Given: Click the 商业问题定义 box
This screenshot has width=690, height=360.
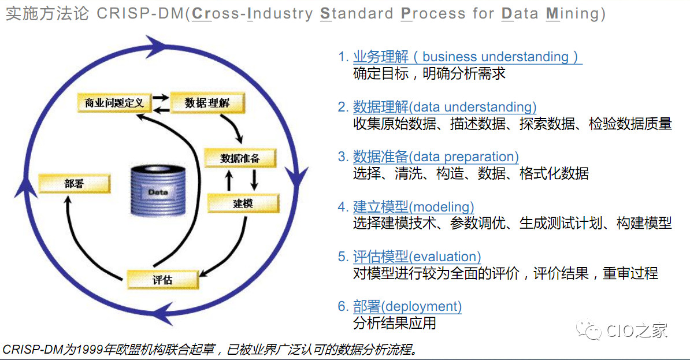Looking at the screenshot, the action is [114, 103].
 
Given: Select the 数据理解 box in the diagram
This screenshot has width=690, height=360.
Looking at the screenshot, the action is [207, 103].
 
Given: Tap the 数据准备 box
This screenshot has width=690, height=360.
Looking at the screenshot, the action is [240, 158].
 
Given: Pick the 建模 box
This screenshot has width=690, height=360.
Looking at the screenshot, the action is [243, 203].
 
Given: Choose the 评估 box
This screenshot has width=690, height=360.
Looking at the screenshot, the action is [163, 280].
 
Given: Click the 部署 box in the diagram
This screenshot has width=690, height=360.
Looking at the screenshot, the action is [75, 184].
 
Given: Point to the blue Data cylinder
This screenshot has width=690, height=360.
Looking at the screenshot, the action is [158, 191].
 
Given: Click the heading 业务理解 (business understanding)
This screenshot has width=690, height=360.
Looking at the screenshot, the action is [466, 57].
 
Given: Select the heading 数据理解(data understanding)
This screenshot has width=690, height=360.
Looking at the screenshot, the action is [444, 107].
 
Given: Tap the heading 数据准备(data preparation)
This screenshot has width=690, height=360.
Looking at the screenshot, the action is [436, 157].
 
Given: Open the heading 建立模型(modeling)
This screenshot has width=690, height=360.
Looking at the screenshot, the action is [413, 207].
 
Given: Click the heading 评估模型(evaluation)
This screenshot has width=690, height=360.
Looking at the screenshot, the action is [417, 257].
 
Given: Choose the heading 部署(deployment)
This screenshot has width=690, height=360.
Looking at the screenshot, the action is [407, 306].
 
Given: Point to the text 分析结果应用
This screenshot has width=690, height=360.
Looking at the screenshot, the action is [394, 324].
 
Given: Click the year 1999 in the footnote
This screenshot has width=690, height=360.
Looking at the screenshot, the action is [91, 350].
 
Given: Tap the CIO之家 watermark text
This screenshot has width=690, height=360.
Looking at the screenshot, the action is [637, 331].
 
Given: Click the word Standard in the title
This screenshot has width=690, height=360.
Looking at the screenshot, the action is [357, 13].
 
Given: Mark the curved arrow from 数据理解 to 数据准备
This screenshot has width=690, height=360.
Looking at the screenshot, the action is [235, 127].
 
